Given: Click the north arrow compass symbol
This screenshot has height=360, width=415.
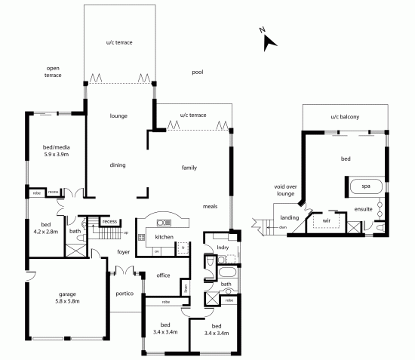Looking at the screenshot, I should (x=267, y=40).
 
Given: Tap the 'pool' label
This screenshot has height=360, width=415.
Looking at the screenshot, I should (x=198, y=72).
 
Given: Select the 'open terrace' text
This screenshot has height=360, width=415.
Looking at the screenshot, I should (x=53, y=72).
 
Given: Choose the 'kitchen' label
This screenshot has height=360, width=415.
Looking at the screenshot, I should (x=164, y=237).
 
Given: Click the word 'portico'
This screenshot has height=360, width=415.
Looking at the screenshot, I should (x=125, y=293).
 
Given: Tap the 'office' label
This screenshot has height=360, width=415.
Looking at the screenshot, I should (x=164, y=275).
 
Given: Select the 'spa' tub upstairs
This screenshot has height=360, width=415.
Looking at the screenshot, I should (x=365, y=185).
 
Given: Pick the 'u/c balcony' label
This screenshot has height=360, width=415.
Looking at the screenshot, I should (x=344, y=117).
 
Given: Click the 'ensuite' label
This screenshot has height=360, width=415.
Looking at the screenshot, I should (x=362, y=208).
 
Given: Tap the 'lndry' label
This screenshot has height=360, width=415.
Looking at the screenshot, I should (x=223, y=247).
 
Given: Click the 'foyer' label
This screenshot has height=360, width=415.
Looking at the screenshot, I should (x=124, y=253).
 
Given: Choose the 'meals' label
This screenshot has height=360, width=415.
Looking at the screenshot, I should (x=211, y=206).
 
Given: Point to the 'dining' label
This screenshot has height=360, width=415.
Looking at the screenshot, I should (x=117, y=165).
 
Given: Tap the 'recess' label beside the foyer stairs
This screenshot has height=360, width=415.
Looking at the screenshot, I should (x=110, y=222).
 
